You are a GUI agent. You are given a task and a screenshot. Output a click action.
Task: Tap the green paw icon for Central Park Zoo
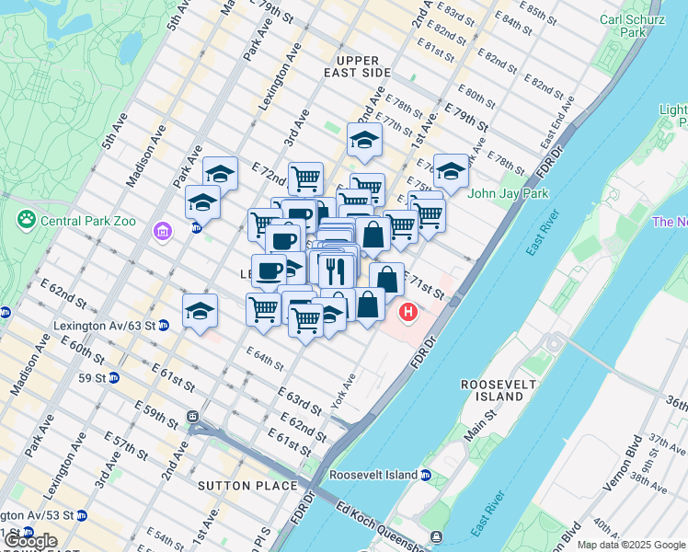click(x=26, y=221)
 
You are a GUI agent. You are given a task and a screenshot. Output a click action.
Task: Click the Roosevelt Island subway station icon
click(x=426, y=475)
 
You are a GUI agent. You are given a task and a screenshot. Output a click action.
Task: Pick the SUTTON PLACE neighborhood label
click(x=247, y=485)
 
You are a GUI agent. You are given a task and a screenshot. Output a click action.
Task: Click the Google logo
click(x=29, y=541)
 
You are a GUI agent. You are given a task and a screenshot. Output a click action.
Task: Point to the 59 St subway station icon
click(x=114, y=377)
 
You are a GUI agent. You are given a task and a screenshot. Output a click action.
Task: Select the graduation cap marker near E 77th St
click(x=364, y=140)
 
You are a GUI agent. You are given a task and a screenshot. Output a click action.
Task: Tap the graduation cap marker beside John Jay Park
click(x=452, y=170)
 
